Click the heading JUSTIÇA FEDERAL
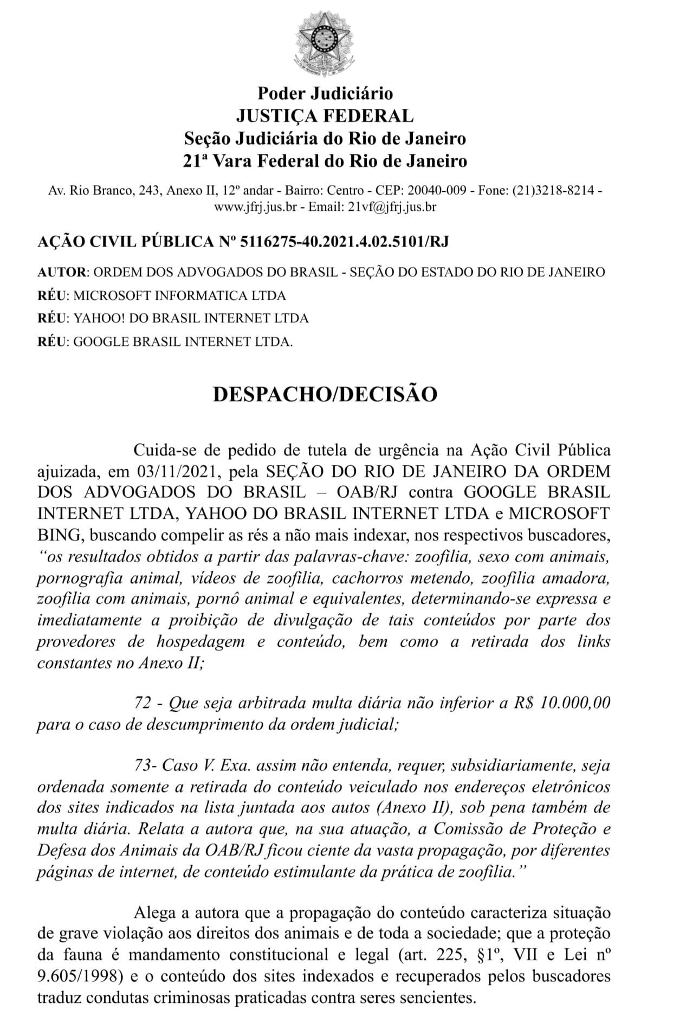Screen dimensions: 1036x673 pos(325,115)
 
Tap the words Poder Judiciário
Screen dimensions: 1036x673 pos(325,93)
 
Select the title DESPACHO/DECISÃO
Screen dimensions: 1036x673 pos(325,394)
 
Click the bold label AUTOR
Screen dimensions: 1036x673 pos(61,272)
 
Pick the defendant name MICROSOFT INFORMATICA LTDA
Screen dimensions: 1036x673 pos(179,295)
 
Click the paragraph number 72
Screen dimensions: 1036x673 pos(142,703)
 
